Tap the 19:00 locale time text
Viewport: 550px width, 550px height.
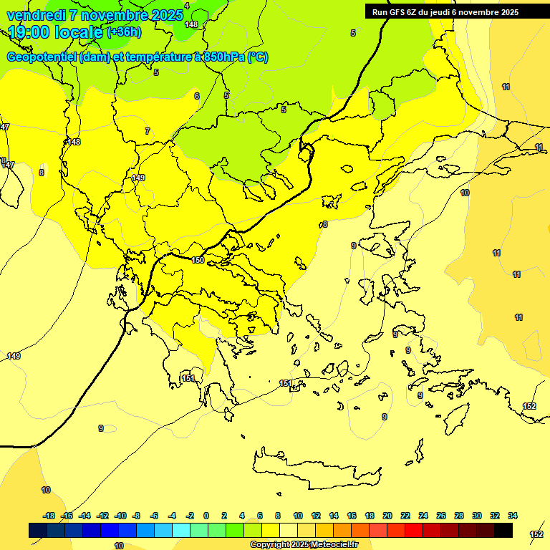(x=55, y=33)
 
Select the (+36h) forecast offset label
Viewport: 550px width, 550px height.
(x=123, y=32)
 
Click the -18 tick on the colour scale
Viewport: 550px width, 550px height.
(x=49, y=516)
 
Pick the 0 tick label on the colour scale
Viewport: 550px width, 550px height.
(x=206, y=516)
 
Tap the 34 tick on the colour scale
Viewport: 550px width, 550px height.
(x=513, y=516)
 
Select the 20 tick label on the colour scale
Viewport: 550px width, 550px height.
(x=387, y=516)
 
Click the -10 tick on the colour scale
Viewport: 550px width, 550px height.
(x=120, y=516)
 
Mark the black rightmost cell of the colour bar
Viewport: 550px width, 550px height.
(x=503, y=530)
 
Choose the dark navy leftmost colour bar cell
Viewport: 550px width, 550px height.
(x=38, y=530)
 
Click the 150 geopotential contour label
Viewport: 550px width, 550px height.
(x=198, y=260)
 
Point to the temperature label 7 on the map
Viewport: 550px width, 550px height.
(x=148, y=131)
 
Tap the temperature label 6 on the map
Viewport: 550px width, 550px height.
(x=197, y=96)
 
